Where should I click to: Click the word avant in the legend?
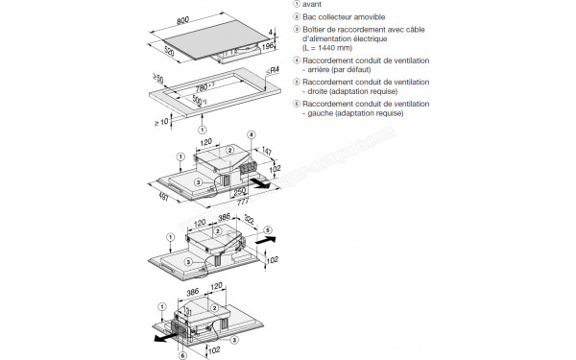tap(312, 6)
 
